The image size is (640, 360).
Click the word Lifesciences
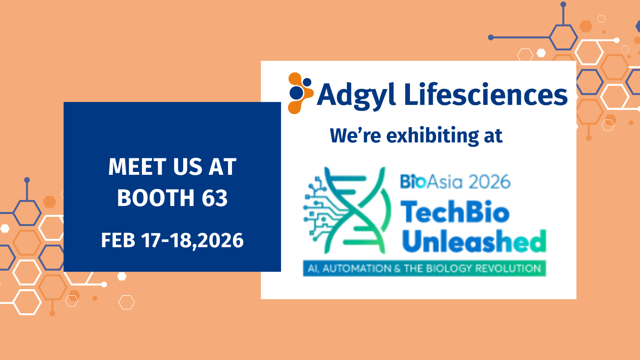(x=486, y=94)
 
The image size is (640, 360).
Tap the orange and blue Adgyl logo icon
(x=300, y=93)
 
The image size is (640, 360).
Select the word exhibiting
(x=432, y=136)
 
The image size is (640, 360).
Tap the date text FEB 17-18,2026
(x=172, y=240)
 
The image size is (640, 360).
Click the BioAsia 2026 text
(x=455, y=182)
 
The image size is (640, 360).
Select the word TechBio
(x=455, y=212)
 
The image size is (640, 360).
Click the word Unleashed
(x=474, y=241)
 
